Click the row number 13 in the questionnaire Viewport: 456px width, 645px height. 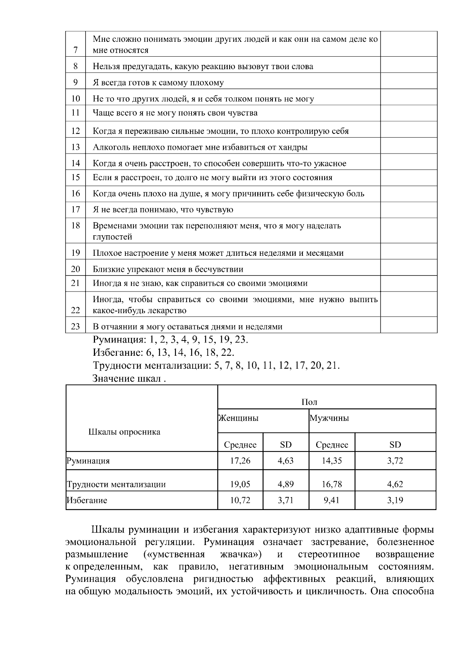pos(76,147)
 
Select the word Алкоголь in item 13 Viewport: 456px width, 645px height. pos(109,147)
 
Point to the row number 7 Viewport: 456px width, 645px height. pos(76,50)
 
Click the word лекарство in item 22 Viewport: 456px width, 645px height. pos(168,311)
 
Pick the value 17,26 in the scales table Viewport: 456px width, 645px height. pos(240,461)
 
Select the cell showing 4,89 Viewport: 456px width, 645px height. pos(285,484)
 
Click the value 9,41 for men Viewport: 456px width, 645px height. pos(332,500)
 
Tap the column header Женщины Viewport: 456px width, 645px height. pos(238,418)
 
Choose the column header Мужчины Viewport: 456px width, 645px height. pos(329,418)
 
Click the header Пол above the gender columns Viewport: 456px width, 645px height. pos(309,402)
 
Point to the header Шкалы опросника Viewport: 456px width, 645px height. pos(124,432)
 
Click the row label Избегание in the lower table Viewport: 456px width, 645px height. pos(87,501)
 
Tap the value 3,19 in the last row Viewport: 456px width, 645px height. pos(395,500)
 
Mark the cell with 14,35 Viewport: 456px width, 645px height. pos(332,461)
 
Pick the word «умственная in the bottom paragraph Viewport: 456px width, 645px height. pos(174,554)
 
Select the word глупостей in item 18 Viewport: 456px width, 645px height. pos(112,237)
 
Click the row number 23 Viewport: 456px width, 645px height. pos(76,326)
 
